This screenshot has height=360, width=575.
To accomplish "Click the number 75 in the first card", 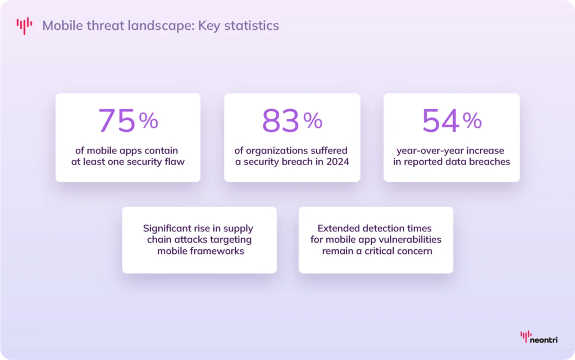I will click(117, 120).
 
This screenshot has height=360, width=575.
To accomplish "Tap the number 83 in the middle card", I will click(281, 120).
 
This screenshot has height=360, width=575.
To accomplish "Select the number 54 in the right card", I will click(441, 120).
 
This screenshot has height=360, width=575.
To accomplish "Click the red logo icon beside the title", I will click(24, 26).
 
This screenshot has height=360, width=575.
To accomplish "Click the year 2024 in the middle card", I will click(337, 162).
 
